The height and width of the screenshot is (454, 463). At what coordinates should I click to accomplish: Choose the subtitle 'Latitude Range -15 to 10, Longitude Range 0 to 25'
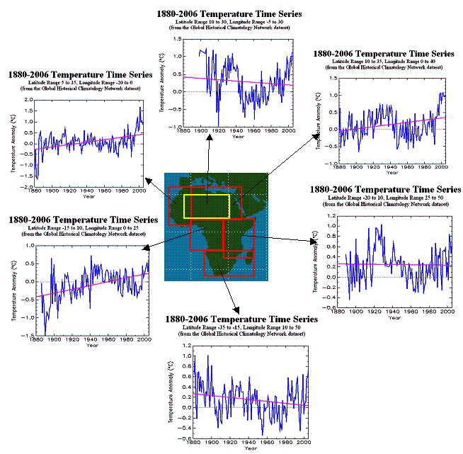pyautogui.click(x=83, y=228)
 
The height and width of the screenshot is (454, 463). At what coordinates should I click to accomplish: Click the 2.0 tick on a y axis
pyautogui.click(x=26, y=100)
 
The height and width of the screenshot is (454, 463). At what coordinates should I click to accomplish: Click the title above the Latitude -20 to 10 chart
pyautogui.click(x=386, y=190)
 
